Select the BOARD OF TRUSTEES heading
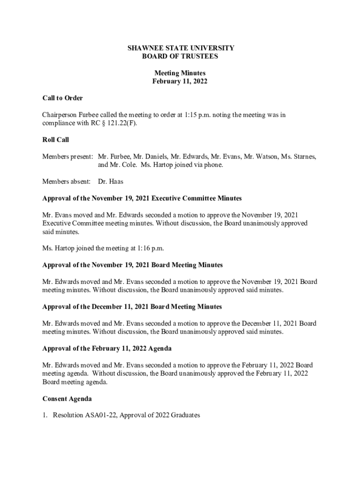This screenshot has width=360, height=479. click(180, 56)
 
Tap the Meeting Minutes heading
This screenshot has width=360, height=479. click(180, 73)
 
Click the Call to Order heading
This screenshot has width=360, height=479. click(63, 98)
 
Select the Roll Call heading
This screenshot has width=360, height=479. click(56, 140)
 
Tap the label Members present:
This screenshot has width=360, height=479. click(68, 156)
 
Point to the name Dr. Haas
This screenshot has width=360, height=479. click(111, 181)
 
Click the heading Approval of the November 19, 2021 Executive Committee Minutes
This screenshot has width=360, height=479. click(142, 198)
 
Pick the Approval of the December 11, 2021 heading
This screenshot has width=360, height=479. click(132, 307)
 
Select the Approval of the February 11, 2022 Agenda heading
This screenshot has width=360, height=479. click(107, 348)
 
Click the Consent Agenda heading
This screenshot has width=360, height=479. click(67, 399)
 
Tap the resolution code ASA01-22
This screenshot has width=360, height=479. click(99, 415)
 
